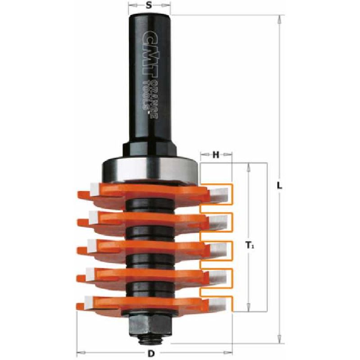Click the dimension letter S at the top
pos(149,5)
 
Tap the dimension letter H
pos(216,155)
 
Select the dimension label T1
pos(250,246)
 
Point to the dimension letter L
pos(279,185)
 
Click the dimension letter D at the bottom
pos(151,354)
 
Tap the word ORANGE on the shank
pos(155,100)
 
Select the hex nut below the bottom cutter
pos(150,324)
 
